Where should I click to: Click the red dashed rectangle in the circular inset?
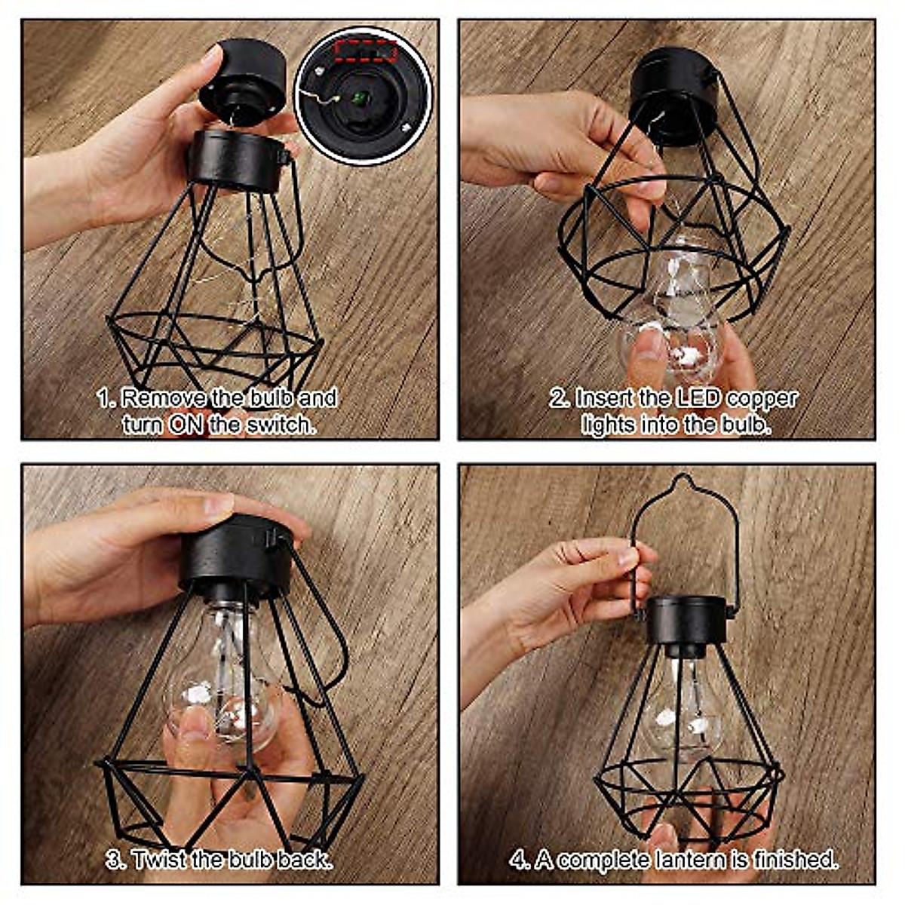[366, 51]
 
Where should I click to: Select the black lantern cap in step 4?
[686, 618]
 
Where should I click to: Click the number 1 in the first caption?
[105, 399]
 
